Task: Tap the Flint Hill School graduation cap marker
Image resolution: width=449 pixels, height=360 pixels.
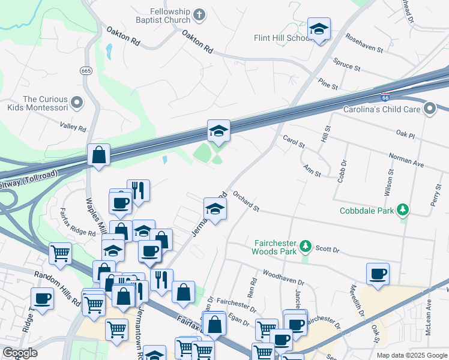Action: (x=319, y=29)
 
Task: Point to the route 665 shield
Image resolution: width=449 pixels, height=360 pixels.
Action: (x=86, y=71)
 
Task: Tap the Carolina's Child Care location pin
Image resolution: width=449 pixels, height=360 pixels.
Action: (x=429, y=109)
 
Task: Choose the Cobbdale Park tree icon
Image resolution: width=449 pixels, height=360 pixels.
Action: (x=405, y=210)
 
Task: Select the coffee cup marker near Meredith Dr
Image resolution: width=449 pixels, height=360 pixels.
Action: (x=378, y=274)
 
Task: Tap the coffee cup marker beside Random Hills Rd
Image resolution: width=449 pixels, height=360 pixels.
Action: (x=43, y=298)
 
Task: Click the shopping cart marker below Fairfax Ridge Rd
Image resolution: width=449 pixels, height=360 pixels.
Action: (x=60, y=254)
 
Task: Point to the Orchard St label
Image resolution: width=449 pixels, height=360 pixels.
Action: (x=246, y=202)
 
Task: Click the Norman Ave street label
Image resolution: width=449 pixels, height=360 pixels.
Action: (x=406, y=160)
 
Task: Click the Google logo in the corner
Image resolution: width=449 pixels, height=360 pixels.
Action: (x=20, y=353)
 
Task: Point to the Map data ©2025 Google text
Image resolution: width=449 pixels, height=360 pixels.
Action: (x=411, y=355)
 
